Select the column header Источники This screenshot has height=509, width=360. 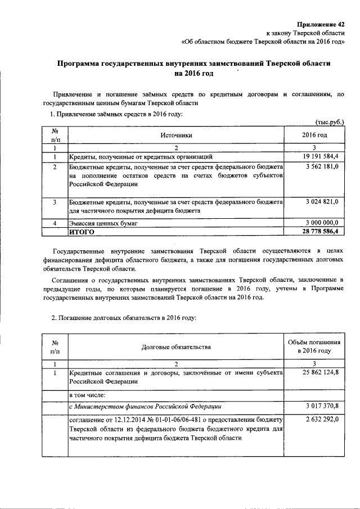point(176,135)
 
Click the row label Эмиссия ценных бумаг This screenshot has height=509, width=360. point(103,223)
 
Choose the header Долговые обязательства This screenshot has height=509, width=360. point(176,347)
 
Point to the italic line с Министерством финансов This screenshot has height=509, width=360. point(145,407)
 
